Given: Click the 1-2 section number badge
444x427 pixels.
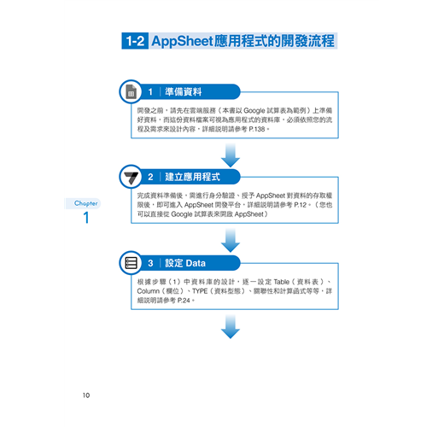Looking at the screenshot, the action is pyautogui.click(x=135, y=41).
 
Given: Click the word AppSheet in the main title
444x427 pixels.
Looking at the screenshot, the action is pyautogui.click(x=183, y=41).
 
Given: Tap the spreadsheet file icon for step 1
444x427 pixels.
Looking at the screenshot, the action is pyautogui.click(x=131, y=91).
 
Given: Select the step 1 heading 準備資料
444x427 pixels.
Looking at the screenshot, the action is pyautogui.click(x=184, y=91).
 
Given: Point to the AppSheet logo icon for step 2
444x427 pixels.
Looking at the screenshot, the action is pyautogui.click(x=131, y=177).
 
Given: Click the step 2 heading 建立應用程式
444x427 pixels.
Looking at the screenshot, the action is pyautogui.click(x=192, y=177).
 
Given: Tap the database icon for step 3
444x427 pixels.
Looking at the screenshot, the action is pyautogui.click(x=131, y=263).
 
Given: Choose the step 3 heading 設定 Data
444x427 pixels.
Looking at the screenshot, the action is pyautogui.click(x=185, y=263).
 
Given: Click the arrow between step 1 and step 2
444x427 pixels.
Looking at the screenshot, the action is pyautogui.click(x=231, y=155).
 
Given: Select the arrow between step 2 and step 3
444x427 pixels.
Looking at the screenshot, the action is pyautogui.click(x=231, y=241).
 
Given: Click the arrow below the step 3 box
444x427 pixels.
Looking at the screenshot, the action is pyautogui.click(x=231, y=327).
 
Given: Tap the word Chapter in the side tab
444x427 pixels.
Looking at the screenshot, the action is pyautogui.click(x=85, y=203).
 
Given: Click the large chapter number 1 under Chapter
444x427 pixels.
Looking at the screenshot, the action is pyautogui.click(x=86, y=218).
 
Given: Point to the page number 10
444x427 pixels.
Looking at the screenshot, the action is pyautogui.click(x=86, y=395).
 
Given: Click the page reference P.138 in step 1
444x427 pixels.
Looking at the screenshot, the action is pyautogui.click(x=257, y=129).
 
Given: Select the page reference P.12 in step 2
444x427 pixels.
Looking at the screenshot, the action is pyautogui.click(x=301, y=205).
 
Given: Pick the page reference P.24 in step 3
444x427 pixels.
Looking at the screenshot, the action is pyautogui.click(x=184, y=301).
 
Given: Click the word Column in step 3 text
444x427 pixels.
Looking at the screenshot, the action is pyautogui.click(x=149, y=291).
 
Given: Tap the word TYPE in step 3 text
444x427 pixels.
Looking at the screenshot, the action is pyautogui.click(x=200, y=291).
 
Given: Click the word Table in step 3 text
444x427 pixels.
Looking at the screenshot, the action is pyautogui.click(x=281, y=282).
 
